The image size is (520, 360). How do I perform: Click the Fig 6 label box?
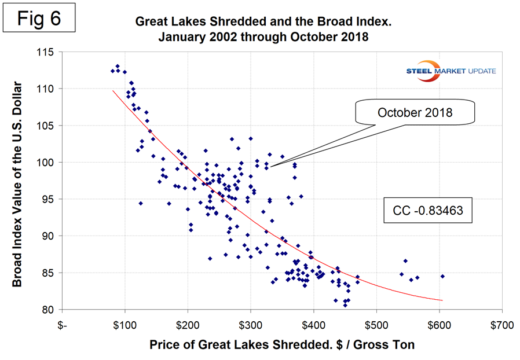coord(40,18)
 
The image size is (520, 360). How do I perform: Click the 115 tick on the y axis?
coord(46,52)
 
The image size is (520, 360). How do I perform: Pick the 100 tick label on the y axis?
coord(46,162)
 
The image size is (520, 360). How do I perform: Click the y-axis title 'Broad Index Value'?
coord(19,181)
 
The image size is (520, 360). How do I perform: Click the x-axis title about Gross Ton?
coord(282,345)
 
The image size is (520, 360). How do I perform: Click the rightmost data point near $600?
coord(442,277)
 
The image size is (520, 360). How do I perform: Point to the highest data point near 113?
coord(118,66)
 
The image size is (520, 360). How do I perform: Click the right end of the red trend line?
coord(442,300)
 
